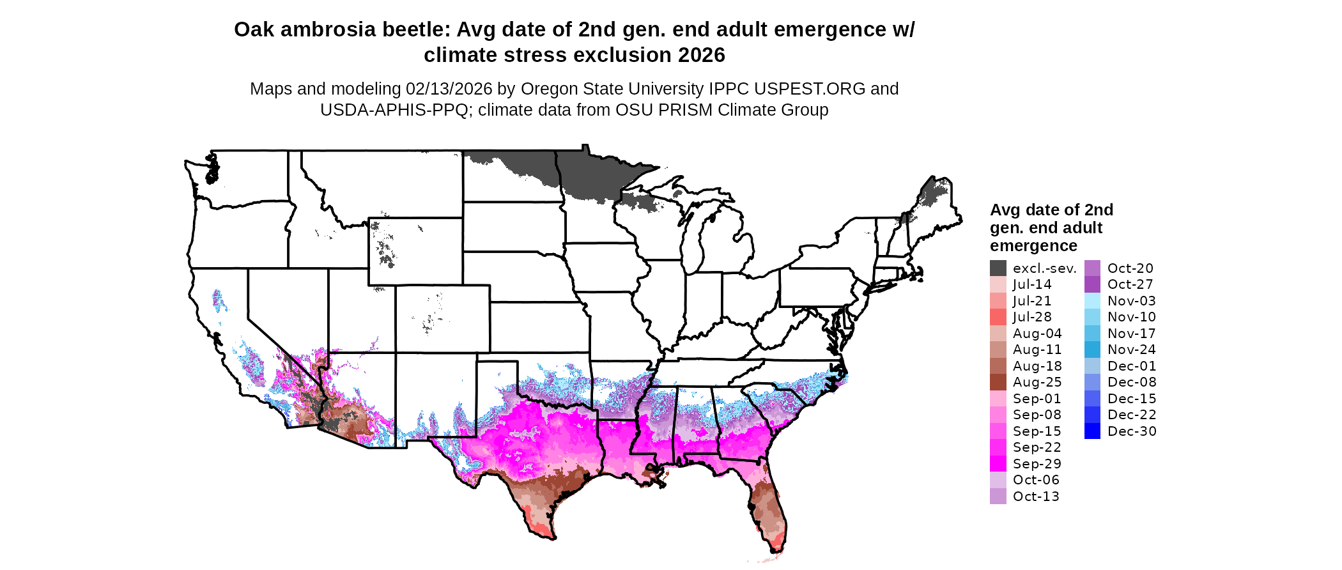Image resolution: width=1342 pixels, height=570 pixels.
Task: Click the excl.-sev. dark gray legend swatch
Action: click(998, 268)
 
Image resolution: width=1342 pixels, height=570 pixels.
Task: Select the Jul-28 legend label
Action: click(1032, 317)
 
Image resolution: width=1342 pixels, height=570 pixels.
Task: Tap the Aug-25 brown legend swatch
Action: click(998, 382)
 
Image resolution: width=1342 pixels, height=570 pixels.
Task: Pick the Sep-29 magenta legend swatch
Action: click(998, 464)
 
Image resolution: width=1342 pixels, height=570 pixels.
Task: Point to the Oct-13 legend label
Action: click(1036, 497)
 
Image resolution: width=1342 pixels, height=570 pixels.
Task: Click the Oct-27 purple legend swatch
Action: click(1092, 284)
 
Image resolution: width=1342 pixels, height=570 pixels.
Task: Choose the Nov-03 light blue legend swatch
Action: click(1092, 301)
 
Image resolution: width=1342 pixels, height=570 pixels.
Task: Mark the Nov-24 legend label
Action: click(1132, 350)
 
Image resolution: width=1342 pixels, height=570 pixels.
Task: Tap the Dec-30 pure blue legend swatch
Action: click(1092, 431)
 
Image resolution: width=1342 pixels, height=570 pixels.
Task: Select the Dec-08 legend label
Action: click(1132, 382)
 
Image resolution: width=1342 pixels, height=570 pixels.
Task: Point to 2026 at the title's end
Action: click(702, 55)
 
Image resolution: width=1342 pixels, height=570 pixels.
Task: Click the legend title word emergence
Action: click(1033, 246)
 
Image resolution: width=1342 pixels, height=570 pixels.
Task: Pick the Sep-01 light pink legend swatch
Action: click(998, 399)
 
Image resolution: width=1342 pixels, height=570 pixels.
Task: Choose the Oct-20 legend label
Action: click(1130, 268)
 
